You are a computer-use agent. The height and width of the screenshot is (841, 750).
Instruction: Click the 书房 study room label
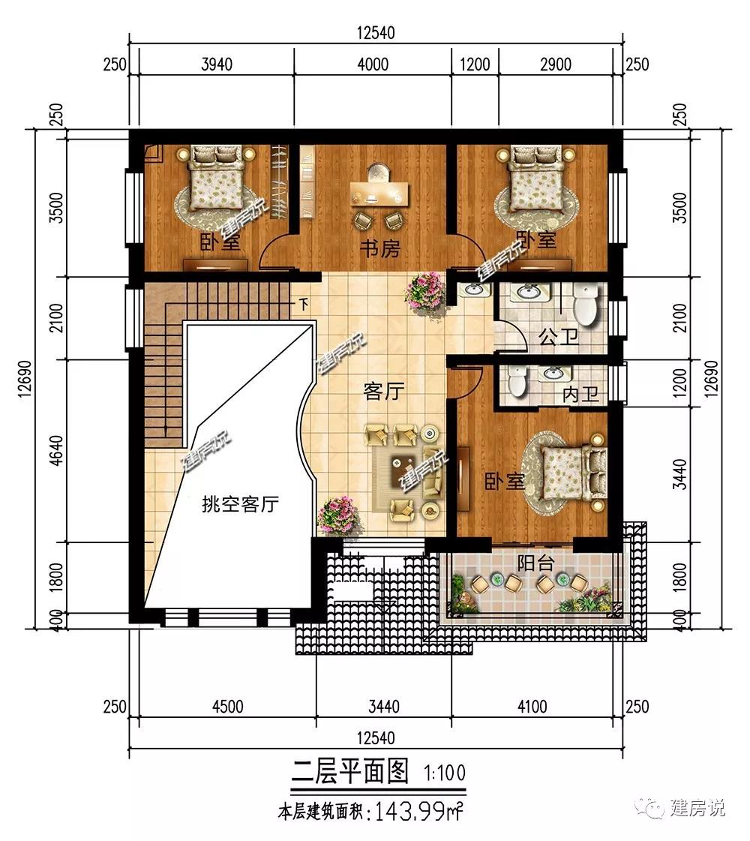click(x=379, y=248)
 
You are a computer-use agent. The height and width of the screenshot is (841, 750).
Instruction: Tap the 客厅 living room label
click(x=384, y=392)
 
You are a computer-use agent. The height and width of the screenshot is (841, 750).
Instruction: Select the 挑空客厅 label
click(x=240, y=503)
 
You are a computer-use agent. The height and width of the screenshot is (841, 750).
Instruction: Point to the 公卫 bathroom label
click(x=559, y=338)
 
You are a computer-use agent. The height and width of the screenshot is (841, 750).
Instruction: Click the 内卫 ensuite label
click(x=580, y=395)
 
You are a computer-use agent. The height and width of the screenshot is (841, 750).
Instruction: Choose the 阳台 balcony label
click(x=535, y=563)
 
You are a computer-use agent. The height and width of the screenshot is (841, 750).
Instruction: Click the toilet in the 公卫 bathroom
click(x=585, y=303)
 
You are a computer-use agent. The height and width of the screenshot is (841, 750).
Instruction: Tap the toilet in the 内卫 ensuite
click(x=517, y=381)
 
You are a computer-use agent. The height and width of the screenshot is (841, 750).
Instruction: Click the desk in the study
click(x=379, y=194)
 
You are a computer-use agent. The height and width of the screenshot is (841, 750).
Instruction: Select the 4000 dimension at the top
click(x=373, y=65)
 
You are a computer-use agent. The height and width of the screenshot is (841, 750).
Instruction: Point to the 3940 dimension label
click(x=217, y=65)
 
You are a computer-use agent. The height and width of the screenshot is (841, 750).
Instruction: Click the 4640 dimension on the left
click(x=57, y=451)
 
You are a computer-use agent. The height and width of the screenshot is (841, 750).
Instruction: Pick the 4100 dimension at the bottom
click(x=532, y=707)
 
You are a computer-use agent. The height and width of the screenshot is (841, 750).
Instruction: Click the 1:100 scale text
click(x=445, y=773)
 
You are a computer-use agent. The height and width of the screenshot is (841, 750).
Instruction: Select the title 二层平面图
click(x=349, y=771)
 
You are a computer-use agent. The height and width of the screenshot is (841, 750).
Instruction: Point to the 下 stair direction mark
click(x=304, y=304)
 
